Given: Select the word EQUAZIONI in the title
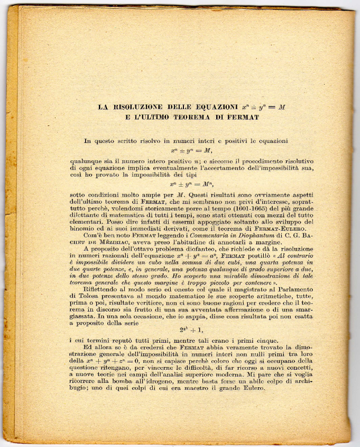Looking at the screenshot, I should pyautogui.click(x=219, y=107).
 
